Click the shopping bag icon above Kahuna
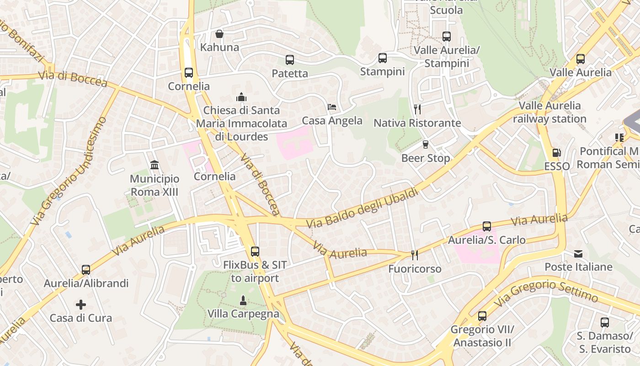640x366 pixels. (x=219, y=34)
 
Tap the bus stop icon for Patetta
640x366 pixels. (x=290, y=60)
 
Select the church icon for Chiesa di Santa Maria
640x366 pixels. (x=241, y=97)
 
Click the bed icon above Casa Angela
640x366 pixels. (x=332, y=108)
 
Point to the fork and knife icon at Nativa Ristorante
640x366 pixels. (x=417, y=109)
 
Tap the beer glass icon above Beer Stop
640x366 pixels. (x=426, y=145)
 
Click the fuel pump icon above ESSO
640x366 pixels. (x=556, y=153)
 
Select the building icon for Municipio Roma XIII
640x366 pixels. (x=155, y=165)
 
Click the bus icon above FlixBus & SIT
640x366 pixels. (x=255, y=251)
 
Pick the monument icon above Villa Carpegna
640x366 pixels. (x=243, y=301)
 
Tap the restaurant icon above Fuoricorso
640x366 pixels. (x=415, y=255)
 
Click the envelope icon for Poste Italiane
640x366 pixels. (x=578, y=253)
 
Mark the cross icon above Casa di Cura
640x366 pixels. (x=81, y=304)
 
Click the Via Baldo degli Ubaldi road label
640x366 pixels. (x=363, y=209)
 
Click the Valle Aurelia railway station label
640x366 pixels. (x=549, y=112)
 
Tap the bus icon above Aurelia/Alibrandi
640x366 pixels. (x=86, y=270)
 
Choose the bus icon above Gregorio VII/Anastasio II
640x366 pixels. (x=482, y=316)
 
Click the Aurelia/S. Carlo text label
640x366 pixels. (x=486, y=240)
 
